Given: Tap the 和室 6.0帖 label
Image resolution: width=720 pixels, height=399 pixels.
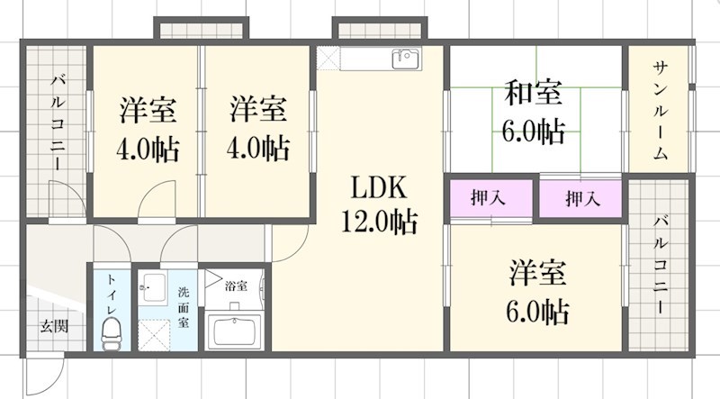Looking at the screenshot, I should pos(534,112).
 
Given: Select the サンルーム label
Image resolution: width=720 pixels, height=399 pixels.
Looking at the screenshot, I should pos(660,111).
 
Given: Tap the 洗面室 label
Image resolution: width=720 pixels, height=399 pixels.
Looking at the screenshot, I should pos(184,306).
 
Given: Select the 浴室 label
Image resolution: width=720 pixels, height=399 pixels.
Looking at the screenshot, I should pos(236,286).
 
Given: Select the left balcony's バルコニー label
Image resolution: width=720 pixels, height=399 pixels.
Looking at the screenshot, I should pos(57,122).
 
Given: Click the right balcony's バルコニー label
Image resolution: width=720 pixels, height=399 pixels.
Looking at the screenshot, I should pos(660,264).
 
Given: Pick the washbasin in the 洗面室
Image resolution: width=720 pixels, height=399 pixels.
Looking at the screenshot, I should pos(151,291).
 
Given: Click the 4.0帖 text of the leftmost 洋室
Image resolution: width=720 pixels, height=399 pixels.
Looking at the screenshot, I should pos(147,148).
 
